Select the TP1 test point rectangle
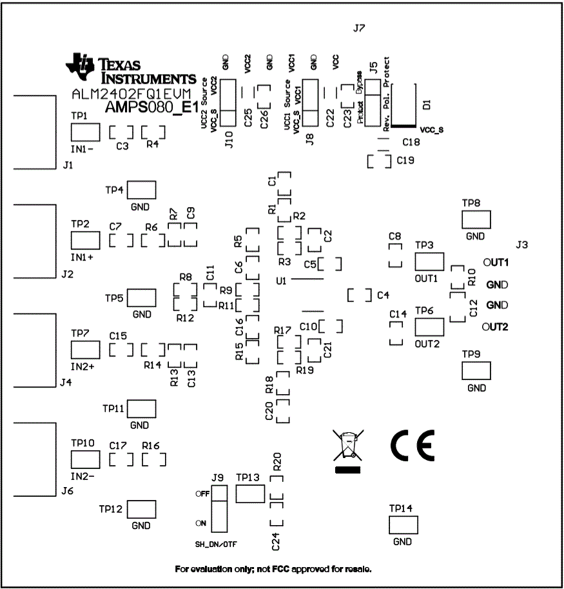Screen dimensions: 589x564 pyautogui.click(x=85, y=132)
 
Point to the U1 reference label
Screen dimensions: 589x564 pyautogui.click(x=280, y=281)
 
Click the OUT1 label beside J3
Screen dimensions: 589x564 pyautogui.click(x=497, y=263)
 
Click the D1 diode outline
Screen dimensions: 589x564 pyautogui.click(x=403, y=104)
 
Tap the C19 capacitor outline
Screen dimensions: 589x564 pyautogui.click(x=378, y=161)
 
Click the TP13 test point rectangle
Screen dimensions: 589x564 pyautogui.click(x=250, y=494)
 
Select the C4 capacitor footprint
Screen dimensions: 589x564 pyautogui.click(x=359, y=295)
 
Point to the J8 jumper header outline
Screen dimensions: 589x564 pyautogui.click(x=311, y=103)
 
